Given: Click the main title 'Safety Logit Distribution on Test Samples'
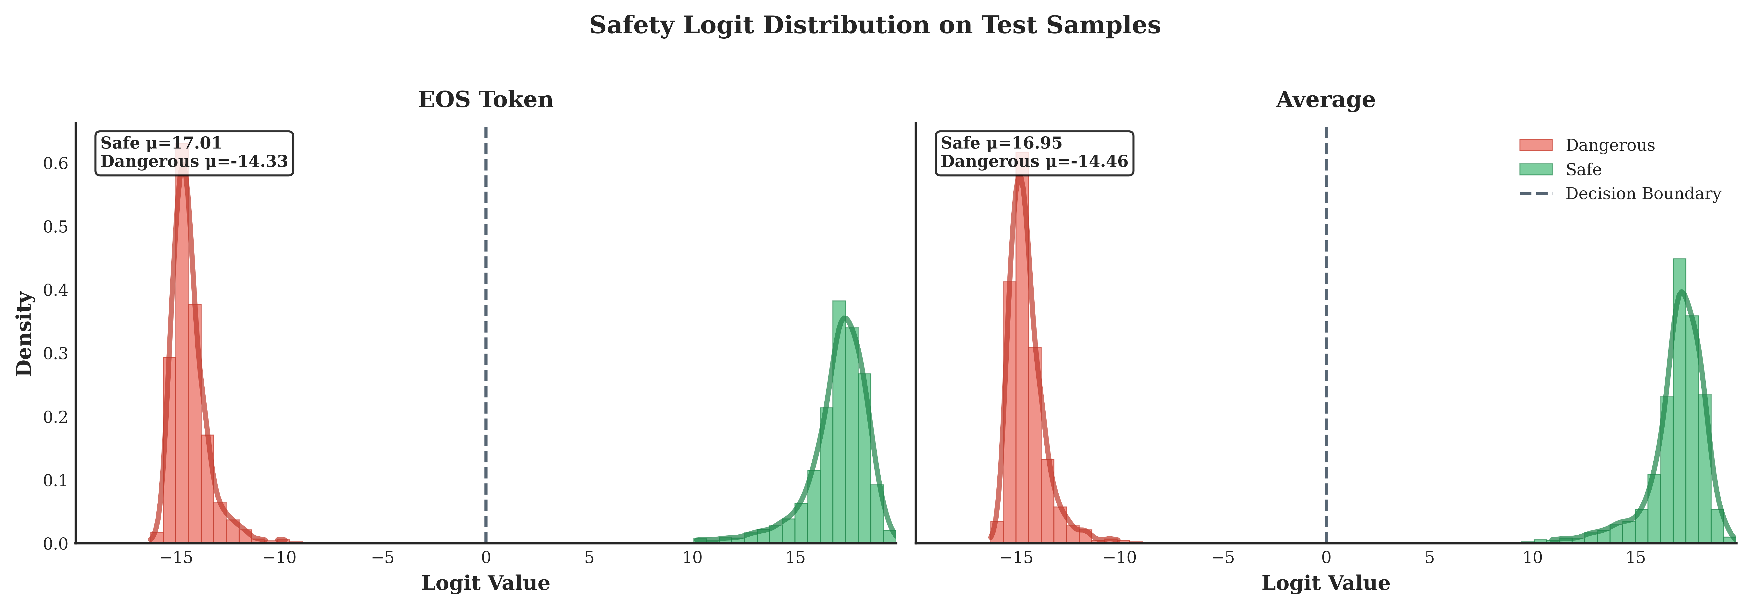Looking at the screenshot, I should click(875, 25).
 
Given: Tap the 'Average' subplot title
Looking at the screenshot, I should click(1325, 100).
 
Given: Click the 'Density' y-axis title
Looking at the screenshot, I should click(24, 333).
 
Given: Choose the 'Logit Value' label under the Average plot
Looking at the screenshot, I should click(1325, 583).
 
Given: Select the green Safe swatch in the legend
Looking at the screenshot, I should click(1536, 169).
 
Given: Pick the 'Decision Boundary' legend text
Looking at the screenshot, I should click(1643, 194).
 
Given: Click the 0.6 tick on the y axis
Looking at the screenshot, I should click(56, 163).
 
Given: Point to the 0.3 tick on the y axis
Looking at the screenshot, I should click(56, 354).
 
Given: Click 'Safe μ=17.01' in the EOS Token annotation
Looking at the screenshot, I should click(161, 143).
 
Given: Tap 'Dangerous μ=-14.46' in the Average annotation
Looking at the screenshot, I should click(1034, 162).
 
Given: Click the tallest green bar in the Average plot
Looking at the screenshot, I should click(1679, 401).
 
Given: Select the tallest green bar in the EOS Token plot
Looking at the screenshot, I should click(839, 421).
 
